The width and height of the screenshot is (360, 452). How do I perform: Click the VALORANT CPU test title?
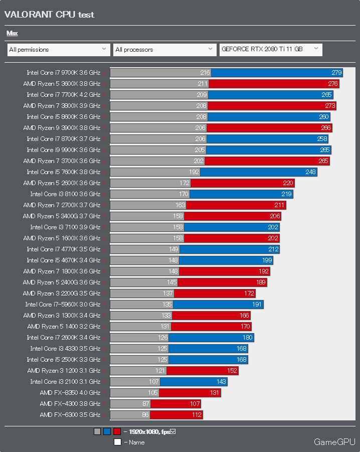(x=49, y=15)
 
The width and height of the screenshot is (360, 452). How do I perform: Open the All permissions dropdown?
(x=59, y=50)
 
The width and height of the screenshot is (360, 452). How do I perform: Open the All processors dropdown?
(x=164, y=50)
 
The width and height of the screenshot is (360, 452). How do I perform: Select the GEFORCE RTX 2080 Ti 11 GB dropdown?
(x=271, y=49)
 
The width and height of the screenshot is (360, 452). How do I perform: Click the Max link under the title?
(x=12, y=33)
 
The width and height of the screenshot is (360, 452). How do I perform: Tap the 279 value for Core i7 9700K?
(x=336, y=73)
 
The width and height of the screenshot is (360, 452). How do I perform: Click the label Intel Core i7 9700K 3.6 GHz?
(x=63, y=73)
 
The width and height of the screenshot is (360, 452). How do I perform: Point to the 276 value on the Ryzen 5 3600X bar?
(x=333, y=84)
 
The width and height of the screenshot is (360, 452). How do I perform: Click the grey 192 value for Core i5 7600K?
(x=194, y=172)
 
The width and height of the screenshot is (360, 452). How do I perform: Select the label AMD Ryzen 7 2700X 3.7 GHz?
(x=62, y=205)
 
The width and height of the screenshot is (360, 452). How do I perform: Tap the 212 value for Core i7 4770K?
(x=274, y=249)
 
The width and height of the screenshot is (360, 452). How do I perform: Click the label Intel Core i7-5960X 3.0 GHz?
(x=63, y=305)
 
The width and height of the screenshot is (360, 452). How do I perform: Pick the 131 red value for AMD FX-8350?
(x=215, y=393)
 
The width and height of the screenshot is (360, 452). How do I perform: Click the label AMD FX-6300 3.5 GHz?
(x=70, y=415)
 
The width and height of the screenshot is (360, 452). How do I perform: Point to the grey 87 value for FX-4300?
(x=146, y=404)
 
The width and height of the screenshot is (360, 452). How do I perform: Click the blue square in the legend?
(x=107, y=431)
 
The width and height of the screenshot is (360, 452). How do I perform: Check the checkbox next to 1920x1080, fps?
(x=172, y=431)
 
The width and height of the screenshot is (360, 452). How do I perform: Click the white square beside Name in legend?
(x=117, y=442)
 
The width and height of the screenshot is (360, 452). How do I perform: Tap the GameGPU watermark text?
(x=334, y=442)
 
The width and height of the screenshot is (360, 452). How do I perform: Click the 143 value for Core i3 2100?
(x=221, y=382)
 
